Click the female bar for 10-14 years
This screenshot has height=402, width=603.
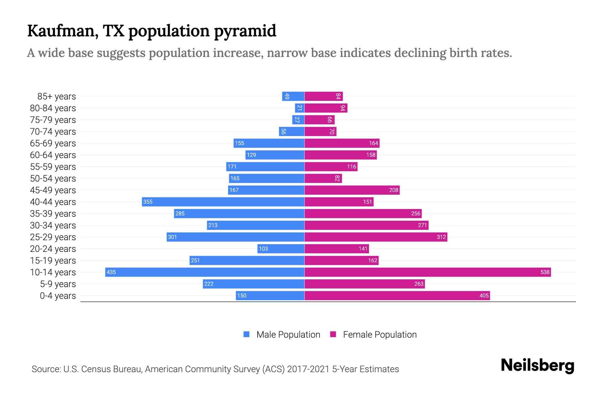click(x=427, y=272)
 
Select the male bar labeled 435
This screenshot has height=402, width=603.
click(x=205, y=272)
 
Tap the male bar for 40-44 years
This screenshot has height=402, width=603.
click(x=223, y=202)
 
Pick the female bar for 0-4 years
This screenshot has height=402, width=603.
click(x=397, y=295)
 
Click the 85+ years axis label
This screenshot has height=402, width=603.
click(x=56, y=96)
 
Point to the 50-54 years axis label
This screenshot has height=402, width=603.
click(x=53, y=179)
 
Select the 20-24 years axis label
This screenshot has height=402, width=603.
click(x=53, y=249)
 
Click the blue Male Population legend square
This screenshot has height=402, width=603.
click(x=247, y=334)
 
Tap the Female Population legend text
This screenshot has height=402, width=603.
click(x=380, y=335)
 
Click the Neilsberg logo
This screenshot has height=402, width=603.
click(x=537, y=365)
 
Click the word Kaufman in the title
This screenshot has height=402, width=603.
click(x=63, y=31)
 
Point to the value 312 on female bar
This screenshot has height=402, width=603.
click(x=441, y=237)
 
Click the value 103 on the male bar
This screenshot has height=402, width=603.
click(x=263, y=249)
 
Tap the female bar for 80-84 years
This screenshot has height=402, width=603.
click(x=326, y=108)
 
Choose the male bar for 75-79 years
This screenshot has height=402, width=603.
click(x=298, y=120)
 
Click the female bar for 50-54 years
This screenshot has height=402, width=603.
click(x=323, y=178)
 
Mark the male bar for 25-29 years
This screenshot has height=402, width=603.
click(x=236, y=237)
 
